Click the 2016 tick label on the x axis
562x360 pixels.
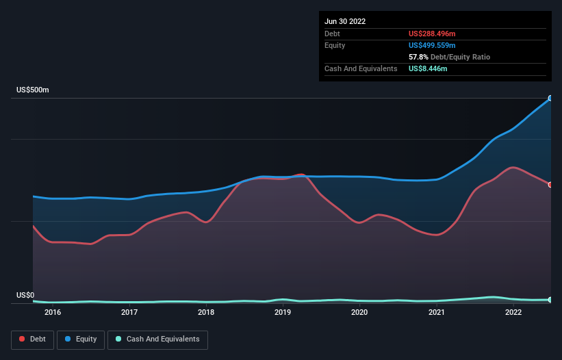pyautogui.click(x=53, y=312)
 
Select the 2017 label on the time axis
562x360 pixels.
pyautogui.click(x=129, y=312)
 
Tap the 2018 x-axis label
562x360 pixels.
pyautogui.click(x=206, y=312)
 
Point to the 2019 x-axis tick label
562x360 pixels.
pyautogui.click(x=283, y=312)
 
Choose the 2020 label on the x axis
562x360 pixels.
pyautogui.click(x=359, y=312)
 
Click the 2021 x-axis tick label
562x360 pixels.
pyautogui.click(x=436, y=312)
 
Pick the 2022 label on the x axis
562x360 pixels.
pyautogui.click(x=513, y=312)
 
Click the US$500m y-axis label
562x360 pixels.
pyautogui.click(x=33, y=90)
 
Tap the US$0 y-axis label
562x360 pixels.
pyautogui.click(x=25, y=296)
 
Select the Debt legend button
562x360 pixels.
pyautogui.click(x=31, y=339)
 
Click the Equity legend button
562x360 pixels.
pyautogui.click(x=81, y=339)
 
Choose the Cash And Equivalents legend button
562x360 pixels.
pyautogui.click(x=157, y=339)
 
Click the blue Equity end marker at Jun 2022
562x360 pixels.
pyautogui.click(x=550, y=99)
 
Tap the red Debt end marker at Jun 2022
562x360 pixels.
pyautogui.click(x=550, y=185)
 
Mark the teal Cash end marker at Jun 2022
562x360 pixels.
pyautogui.click(x=550, y=300)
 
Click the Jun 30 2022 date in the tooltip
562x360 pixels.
pyautogui.click(x=345, y=21)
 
